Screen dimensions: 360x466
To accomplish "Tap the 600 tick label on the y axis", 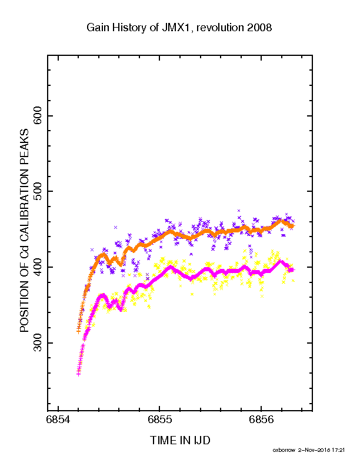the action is pyautogui.click(x=38, y=116).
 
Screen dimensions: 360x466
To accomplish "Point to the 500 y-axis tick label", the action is pyautogui.click(x=38, y=191).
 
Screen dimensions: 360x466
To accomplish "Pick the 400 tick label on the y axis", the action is pyautogui.click(x=38, y=267).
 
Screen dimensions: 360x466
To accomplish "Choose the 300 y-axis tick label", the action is pyautogui.click(x=38, y=343).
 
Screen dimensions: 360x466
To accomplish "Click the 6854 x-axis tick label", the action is pyautogui.click(x=58, y=420).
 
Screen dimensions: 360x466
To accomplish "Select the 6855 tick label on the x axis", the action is pyautogui.click(x=159, y=420).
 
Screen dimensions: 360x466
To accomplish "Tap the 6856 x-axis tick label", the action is pyautogui.click(x=261, y=420).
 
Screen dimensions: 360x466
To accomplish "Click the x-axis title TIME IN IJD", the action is pyautogui.click(x=180, y=440).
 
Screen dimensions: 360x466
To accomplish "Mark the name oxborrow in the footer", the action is pyautogui.click(x=284, y=450).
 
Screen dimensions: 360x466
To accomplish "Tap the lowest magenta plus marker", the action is pyautogui.click(x=78, y=374).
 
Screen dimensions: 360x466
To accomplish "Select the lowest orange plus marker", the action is pyautogui.click(x=78, y=331).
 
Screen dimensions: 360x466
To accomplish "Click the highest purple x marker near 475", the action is pyautogui.click(x=238, y=211).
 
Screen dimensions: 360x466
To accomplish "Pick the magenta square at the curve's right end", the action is pyautogui.click(x=291, y=270).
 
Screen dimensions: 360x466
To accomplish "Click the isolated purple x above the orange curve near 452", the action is pyautogui.click(x=115, y=227).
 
